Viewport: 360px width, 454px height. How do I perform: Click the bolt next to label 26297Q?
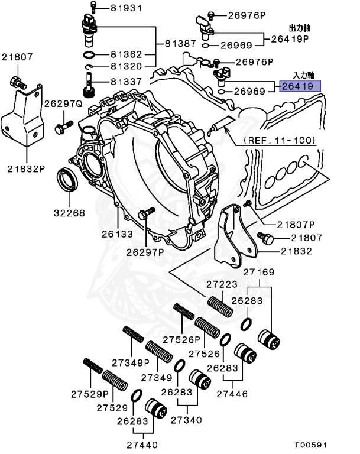[62, 127]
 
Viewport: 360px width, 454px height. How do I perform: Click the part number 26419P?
[290, 40]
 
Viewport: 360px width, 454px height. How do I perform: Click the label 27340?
[187, 421]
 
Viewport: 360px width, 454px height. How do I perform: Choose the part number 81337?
[126, 81]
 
